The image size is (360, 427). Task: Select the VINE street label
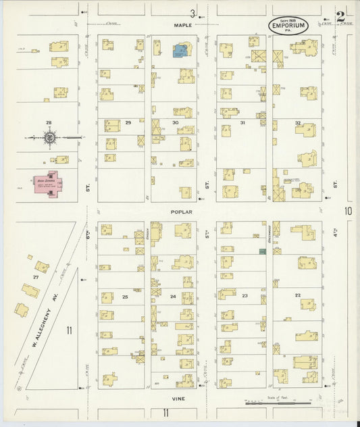click(x=179, y=399)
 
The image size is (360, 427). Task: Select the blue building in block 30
click(x=181, y=51)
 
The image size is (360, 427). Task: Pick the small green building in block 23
click(x=262, y=251)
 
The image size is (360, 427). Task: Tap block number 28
click(x=49, y=122)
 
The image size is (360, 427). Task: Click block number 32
click(x=297, y=123)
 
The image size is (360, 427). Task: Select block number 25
click(x=125, y=297)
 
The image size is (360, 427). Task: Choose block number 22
click(x=297, y=296)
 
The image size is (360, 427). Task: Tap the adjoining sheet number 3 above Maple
click(x=192, y=14)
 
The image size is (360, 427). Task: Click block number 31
click(x=242, y=123)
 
